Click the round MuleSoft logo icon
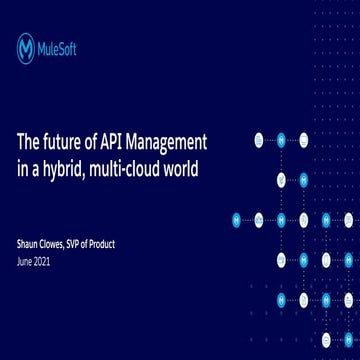click(x=26, y=48)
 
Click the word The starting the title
click(x=29, y=140)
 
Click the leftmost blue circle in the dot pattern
click(x=237, y=219)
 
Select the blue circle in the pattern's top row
click(x=281, y=140)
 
